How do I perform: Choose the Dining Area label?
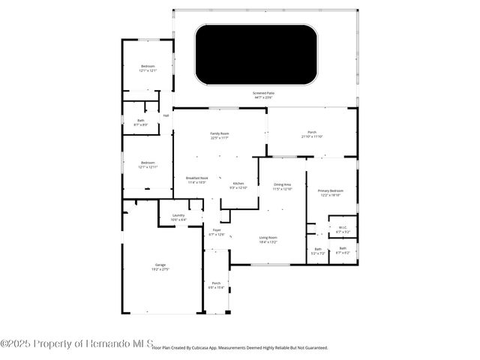click(x=281, y=185)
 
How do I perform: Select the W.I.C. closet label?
click(x=342, y=229)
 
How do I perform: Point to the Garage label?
click(x=160, y=266)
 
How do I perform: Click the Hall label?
click(x=166, y=115)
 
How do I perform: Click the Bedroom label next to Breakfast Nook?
click(x=147, y=164)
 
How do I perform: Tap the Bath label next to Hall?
click(x=140, y=121)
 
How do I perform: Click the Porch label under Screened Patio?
click(x=311, y=133)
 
